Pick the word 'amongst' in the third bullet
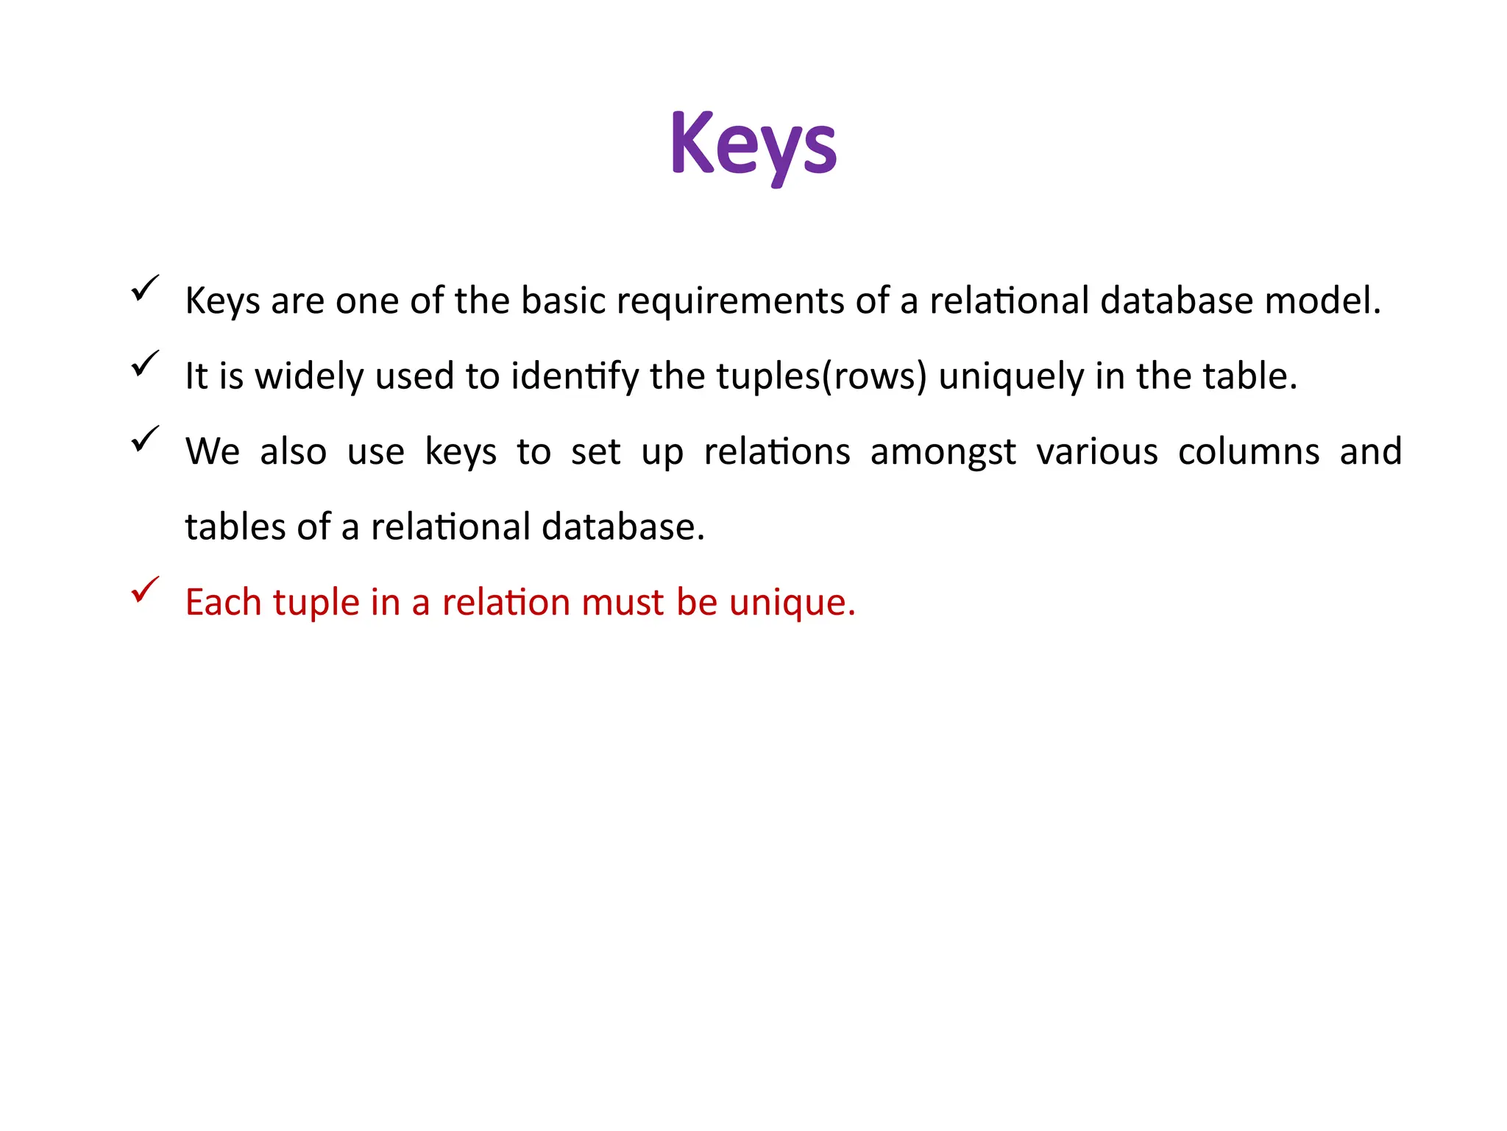pos(943,452)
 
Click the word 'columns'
pos(1248,452)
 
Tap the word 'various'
pos(1096,452)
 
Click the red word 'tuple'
pos(316,603)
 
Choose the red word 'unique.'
pos(792,603)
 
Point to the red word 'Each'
pos(223,603)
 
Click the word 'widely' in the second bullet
pos(309,377)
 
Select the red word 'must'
pos(623,603)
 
